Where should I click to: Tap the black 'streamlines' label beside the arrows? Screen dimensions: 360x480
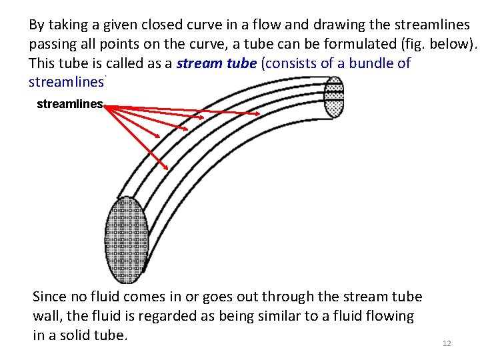click(70, 104)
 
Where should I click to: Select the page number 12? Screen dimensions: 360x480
click(447, 343)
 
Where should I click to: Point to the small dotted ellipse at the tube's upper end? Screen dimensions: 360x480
click(333, 97)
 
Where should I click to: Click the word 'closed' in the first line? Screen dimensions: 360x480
click(159, 25)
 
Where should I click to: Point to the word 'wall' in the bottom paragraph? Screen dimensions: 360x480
click(47, 316)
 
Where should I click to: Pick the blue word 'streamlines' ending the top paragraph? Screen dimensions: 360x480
click(67, 83)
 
